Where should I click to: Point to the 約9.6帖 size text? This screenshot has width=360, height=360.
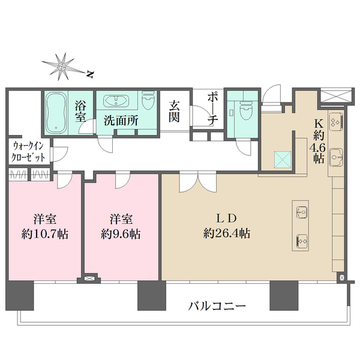[122, 233]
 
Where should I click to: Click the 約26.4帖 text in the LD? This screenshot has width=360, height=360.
[226, 233]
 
